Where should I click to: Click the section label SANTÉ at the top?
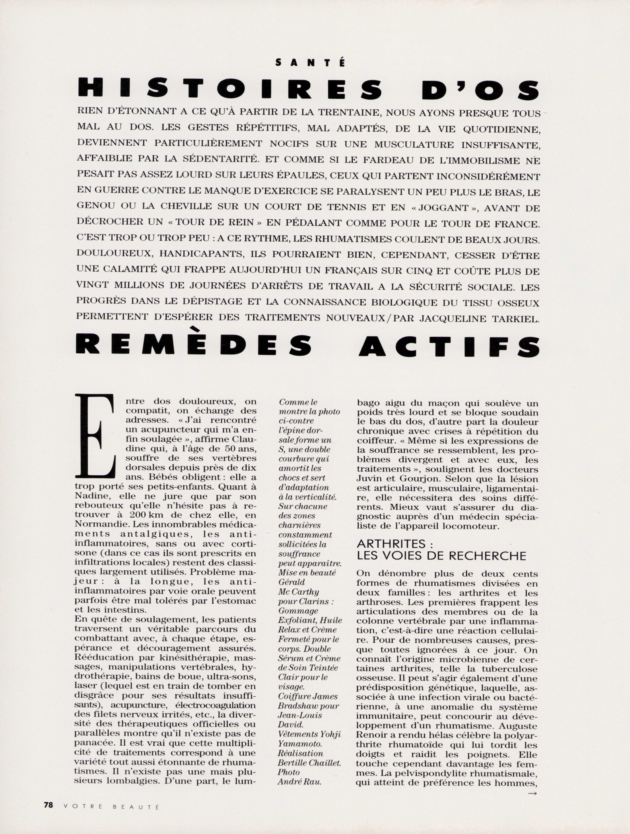310,63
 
